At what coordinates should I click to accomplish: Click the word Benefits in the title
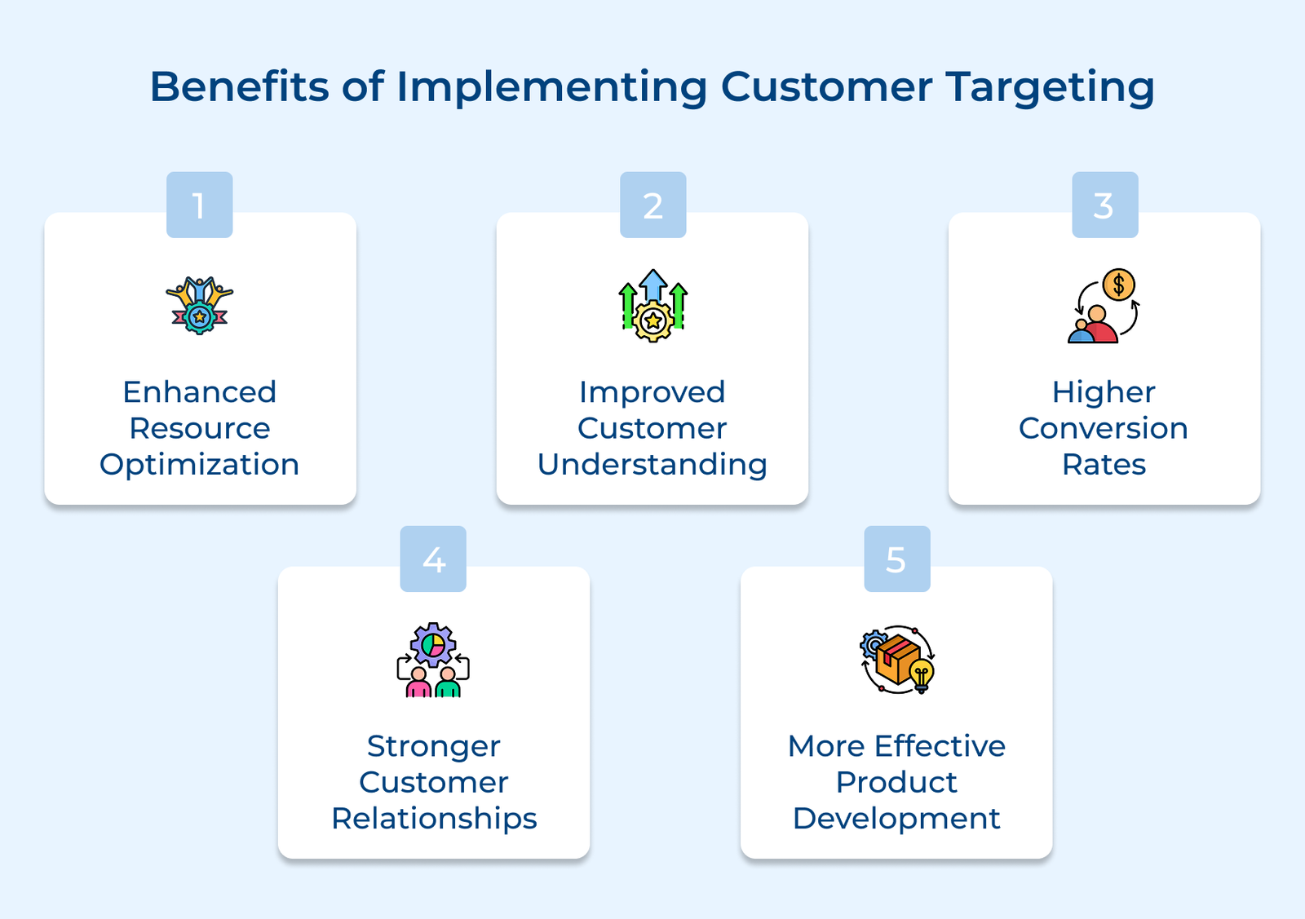pos(239,86)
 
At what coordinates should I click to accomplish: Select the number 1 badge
pos(199,205)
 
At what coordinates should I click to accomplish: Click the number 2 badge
pos(652,205)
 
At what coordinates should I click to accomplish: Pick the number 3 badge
pos(1104,205)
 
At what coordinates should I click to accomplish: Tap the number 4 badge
pos(433,559)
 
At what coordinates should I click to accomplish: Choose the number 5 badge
pos(896,559)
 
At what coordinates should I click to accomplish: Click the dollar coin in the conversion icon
pos(1118,285)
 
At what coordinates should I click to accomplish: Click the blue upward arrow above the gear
pos(652,285)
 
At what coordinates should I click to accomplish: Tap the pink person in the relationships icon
pos(418,683)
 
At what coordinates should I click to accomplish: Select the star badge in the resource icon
pos(200,316)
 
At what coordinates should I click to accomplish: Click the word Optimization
pos(199,465)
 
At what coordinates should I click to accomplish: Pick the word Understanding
pos(652,465)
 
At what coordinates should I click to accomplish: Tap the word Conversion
pos(1104,428)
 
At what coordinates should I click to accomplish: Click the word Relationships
pos(434,819)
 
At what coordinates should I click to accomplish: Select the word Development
pos(896,819)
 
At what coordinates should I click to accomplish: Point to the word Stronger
pos(434,746)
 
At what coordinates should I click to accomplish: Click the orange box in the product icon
pos(896,661)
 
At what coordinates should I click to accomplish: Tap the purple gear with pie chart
pos(433,644)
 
